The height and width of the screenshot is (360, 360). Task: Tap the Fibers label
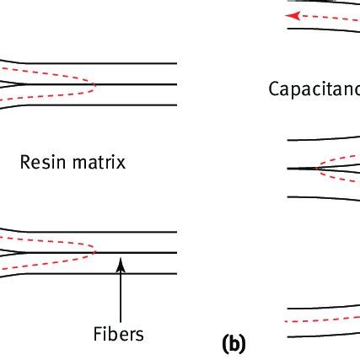tap(119, 333)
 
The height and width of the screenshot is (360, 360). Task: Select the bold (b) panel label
tap(232, 343)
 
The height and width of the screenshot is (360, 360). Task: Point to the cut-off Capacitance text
tap(313, 87)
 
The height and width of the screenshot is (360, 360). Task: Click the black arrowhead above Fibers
tap(121, 264)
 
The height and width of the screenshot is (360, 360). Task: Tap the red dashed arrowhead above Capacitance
tap(291, 15)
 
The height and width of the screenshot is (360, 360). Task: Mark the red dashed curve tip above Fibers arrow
tap(95, 250)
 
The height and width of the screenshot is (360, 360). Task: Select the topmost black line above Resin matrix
tap(93, 63)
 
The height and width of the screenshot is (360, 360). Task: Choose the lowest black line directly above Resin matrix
tap(93, 105)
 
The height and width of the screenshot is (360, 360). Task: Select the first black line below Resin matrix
tap(93, 230)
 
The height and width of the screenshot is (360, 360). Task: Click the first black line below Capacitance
tap(320, 137)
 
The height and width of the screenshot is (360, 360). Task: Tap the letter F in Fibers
tap(98, 333)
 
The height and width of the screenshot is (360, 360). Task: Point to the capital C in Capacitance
tap(273, 87)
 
